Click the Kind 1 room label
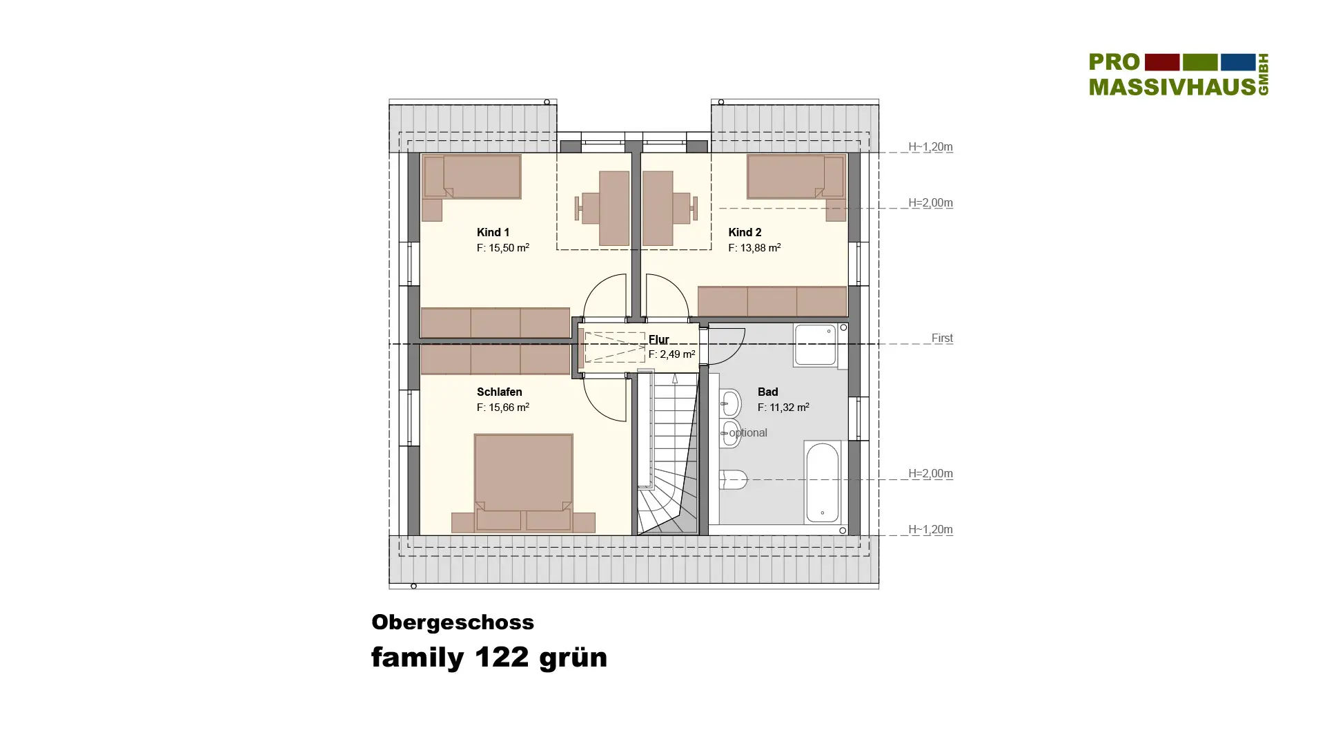coord(493,233)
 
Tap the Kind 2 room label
coord(745,233)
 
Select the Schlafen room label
coord(499,392)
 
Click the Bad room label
coord(767,392)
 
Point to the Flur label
coord(658,339)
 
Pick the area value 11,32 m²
coord(789,408)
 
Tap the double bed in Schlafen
coord(523,482)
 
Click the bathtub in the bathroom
coord(822,482)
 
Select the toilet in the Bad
coord(733,479)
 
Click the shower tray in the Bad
coord(815,344)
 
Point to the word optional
coord(748,433)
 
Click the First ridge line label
coord(942,338)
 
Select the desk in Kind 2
coord(658,208)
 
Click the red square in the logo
coord(1162,62)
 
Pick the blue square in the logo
coord(1238,62)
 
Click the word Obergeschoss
coord(453,622)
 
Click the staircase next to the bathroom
coord(667,453)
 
